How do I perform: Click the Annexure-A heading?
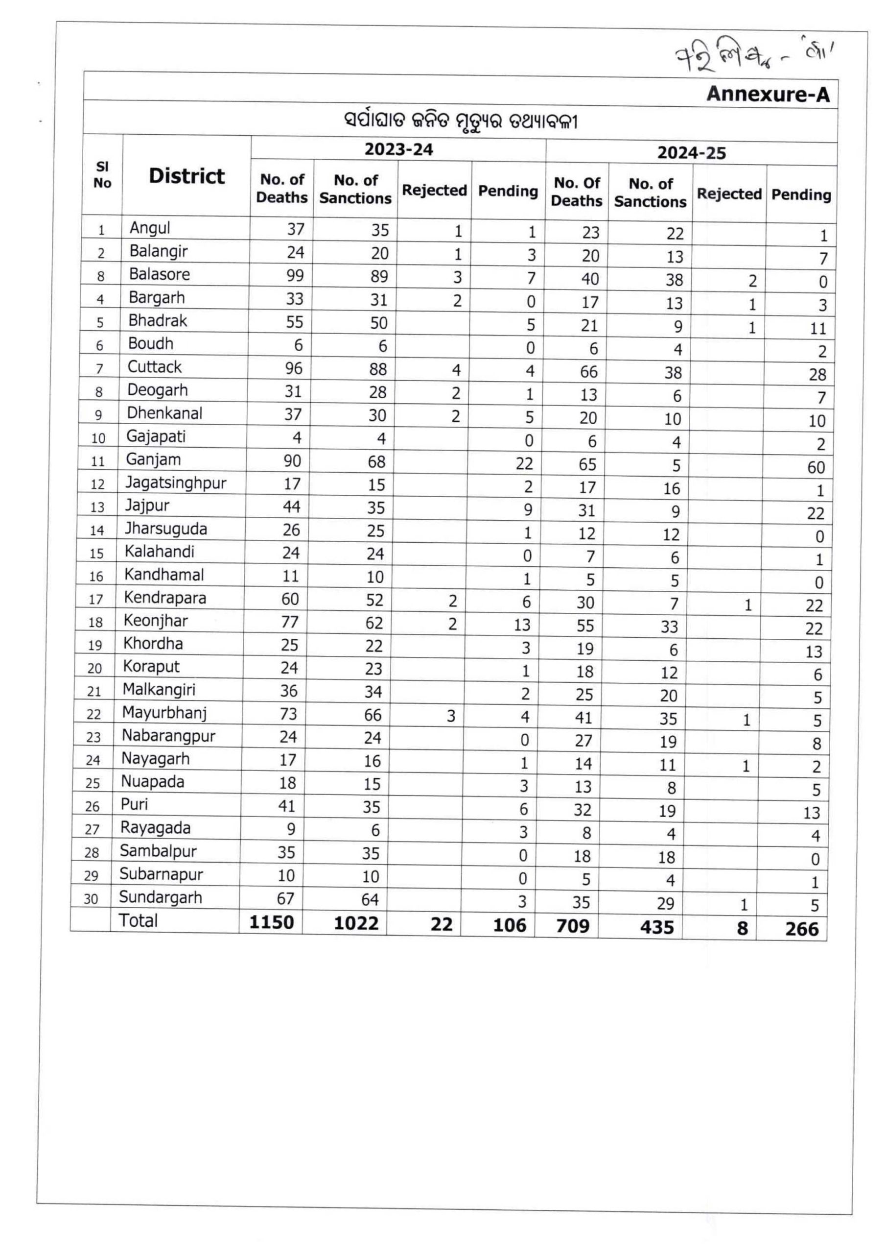tap(768, 94)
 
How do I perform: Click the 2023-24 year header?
tap(399, 150)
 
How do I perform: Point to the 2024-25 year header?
tap(692, 153)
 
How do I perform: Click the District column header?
tap(187, 176)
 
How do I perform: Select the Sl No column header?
tap(103, 175)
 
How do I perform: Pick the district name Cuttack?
tap(155, 366)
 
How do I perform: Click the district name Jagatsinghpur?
tap(175, 482)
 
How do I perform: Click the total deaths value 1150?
tap(272, 922)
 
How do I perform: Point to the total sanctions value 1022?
tap(356, 923)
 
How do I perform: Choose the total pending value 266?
tap(802, 929)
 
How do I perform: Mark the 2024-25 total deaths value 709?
tap(572, 926)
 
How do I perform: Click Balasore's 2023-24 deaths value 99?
tap(295, 275)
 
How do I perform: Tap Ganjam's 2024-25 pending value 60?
tap(816, 468)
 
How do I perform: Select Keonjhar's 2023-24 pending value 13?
tap(522, 625)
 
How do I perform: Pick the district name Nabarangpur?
tap(168, 735)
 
